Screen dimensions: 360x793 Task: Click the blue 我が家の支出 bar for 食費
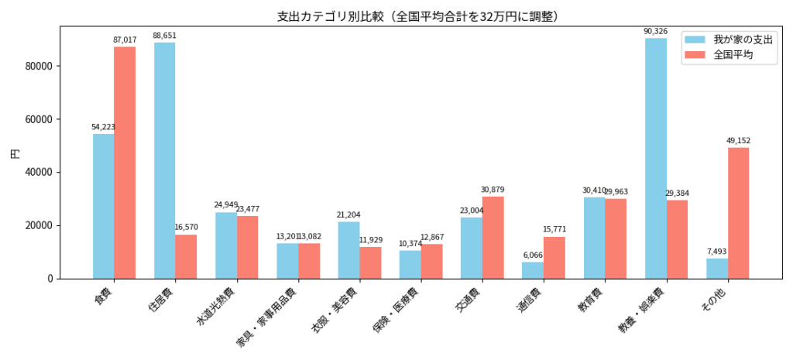(x=103, y=206)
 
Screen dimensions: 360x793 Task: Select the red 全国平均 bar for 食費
(x=125, y=163)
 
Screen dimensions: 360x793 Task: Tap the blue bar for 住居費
(x=164, y=160)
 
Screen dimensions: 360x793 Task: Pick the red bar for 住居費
(x=186, y=256)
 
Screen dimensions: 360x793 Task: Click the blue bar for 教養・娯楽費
(x=655, y=158)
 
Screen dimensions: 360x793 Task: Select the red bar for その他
(x=738, y=213)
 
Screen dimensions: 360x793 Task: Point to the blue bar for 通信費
(x=533, y=270)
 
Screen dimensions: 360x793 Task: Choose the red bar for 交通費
(x=493, y=238)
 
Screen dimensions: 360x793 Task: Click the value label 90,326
(x=655, y=32)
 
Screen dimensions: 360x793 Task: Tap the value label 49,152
(x=738, y=141)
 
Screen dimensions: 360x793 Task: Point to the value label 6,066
(x=533, y=255)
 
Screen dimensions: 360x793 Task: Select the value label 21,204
(x=348, y=215)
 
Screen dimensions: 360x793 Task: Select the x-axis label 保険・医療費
(x=396, y=317)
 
